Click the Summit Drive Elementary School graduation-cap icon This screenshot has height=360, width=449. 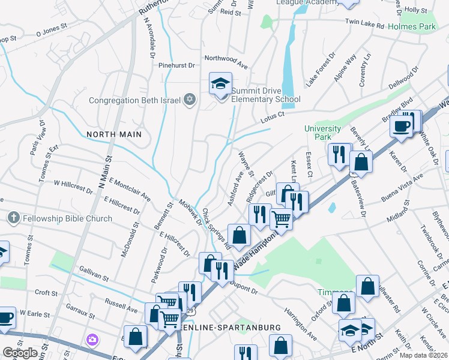[220, 83]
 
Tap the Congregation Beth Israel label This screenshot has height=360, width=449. [135, 100]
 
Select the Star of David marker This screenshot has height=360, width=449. [190, 100]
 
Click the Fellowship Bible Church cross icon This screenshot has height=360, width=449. [14, 218]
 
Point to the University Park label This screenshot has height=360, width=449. [322, 133]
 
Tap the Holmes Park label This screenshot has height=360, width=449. [411, 27]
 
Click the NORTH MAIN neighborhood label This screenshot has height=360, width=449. [113, 134]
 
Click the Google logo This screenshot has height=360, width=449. [20, 353]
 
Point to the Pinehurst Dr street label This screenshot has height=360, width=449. [175, 65]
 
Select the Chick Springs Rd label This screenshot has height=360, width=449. [216, 229]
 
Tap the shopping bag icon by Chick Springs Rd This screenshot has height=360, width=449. [239, 236]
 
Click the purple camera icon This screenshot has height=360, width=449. [92, 340]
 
